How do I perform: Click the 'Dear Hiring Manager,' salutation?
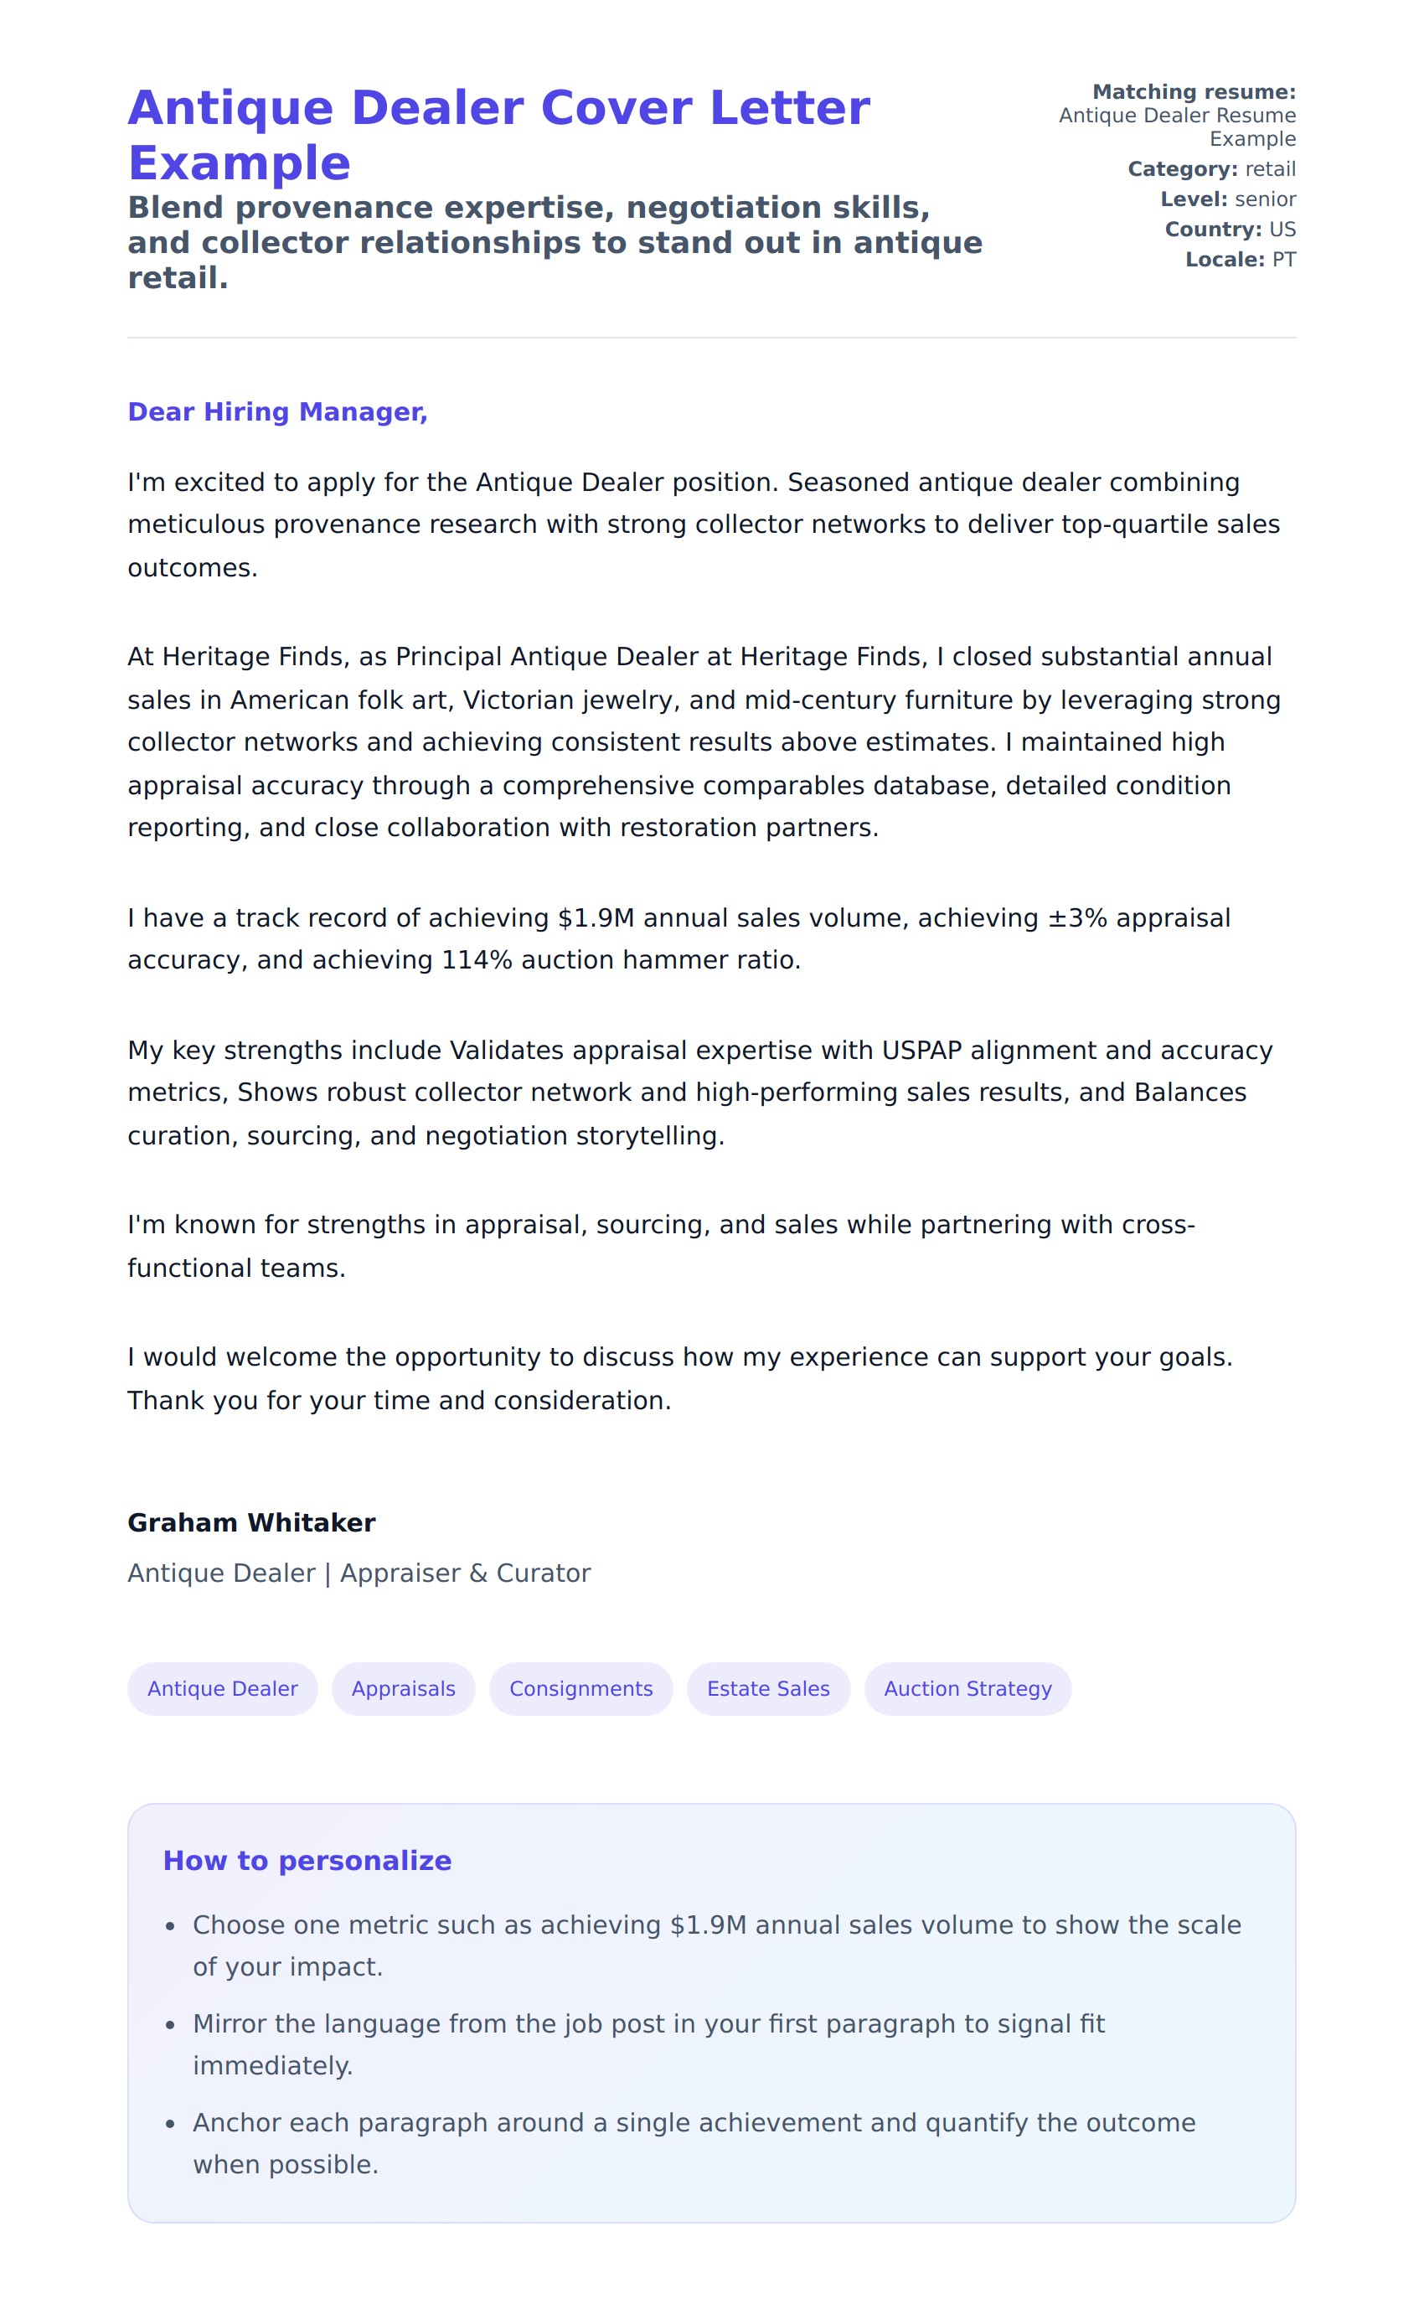click(x=277, y=411)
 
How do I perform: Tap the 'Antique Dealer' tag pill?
click(x=222, y=1689)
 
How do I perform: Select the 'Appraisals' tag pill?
click(x=403, y=1689)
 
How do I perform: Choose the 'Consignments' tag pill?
click(x=580, y=1689)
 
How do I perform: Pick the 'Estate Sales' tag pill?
click(x=768, y=1689)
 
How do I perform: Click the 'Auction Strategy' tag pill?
click(x=967, y=1689)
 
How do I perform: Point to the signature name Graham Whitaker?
click(x=251, y=1523)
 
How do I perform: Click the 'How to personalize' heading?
click(x=307, y=1860)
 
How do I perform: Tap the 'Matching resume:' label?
click(x=1194, y=92)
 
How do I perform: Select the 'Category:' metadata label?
click(x=1182, y=169)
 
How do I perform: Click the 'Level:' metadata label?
click(x=1194, y=199)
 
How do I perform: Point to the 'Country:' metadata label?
click(x=1212, y=230)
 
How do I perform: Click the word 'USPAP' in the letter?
click(x=921, y=1051)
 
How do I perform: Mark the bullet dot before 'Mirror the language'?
click(x=171, y=2024)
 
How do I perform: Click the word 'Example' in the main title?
click(x=240, y=163)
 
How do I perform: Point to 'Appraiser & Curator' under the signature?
click(x=465, y=1573)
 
